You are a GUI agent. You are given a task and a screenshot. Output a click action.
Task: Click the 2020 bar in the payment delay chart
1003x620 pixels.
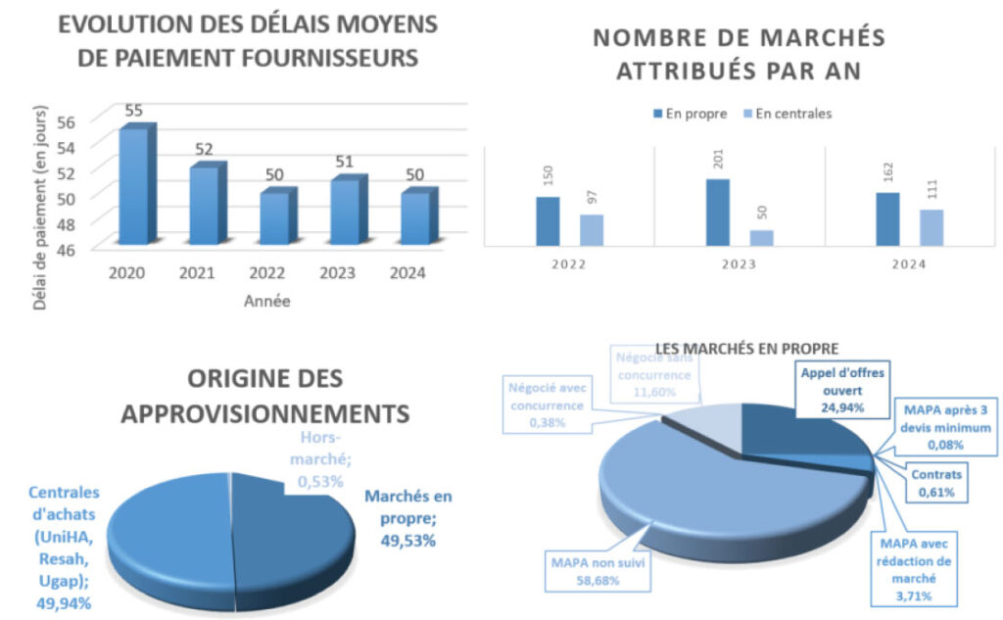click(133, 186)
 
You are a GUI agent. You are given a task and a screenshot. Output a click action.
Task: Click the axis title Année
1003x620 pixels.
click(266, 303)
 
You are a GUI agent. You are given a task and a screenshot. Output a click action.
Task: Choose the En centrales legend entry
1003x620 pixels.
click(788, 114)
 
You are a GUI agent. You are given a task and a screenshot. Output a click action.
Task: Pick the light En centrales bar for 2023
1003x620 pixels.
click(762, 237)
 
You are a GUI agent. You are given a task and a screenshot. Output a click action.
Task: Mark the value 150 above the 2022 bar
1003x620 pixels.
click(549, 177)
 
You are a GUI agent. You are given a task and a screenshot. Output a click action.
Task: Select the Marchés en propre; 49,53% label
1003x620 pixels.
click(407, 518)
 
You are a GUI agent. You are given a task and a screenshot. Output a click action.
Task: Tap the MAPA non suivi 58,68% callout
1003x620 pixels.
click(597, 572)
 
